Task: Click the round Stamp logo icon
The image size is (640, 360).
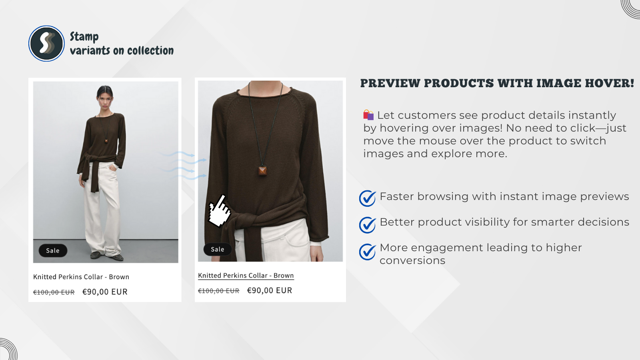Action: point(46,44)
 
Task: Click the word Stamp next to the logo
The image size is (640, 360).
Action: point(84,37)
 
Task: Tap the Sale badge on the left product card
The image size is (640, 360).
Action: point(53,251)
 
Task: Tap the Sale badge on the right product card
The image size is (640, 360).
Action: point(218,250)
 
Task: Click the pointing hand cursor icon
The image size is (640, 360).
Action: point(220,211)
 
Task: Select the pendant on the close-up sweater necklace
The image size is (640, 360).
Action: point(262,171)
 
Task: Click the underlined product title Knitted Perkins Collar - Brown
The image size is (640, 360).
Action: point(246,276)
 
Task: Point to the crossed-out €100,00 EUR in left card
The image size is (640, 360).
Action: point(54,292)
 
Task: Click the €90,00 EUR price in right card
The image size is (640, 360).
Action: point(270,291)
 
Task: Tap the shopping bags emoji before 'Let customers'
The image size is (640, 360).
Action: point(368,115)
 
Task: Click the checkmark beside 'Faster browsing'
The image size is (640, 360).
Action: point(367,198)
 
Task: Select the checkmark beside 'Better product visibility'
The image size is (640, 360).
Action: point(367,225)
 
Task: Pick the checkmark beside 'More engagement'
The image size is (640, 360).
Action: point(367,252)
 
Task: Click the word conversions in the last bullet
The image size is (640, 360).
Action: point(412,261)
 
